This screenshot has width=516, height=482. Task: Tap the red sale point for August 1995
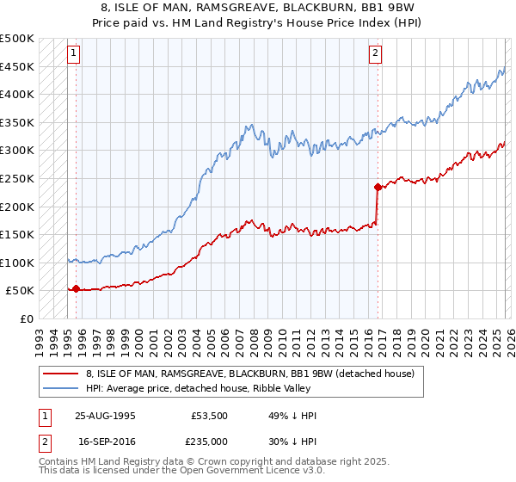[x=77, y=288]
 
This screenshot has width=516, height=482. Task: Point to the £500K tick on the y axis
[x=17, y=39]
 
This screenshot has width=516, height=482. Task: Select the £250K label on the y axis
[x=17, y=178]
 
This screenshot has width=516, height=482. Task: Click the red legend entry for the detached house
[x=250, y=374]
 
